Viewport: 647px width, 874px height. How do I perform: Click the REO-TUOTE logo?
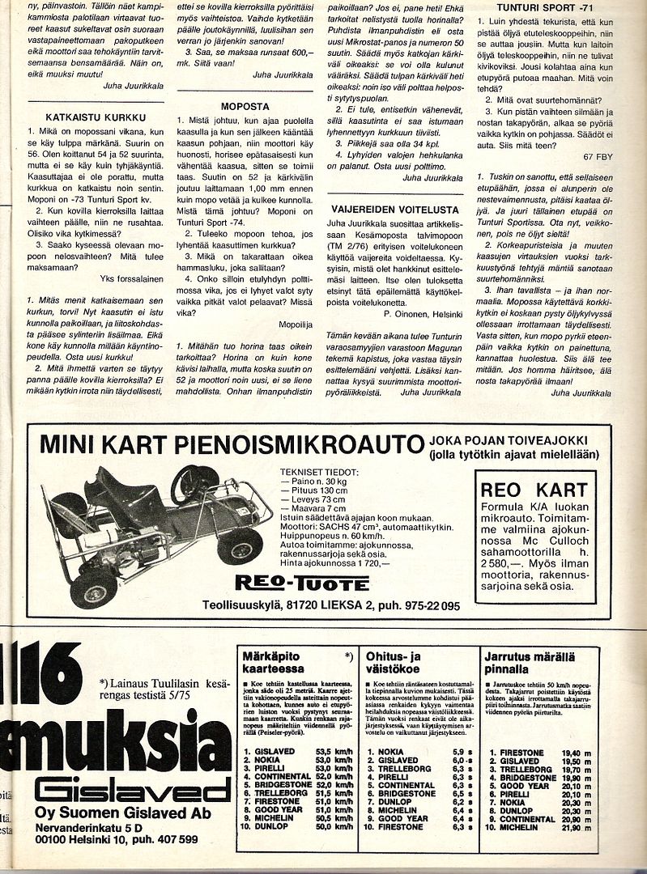[302, 583]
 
